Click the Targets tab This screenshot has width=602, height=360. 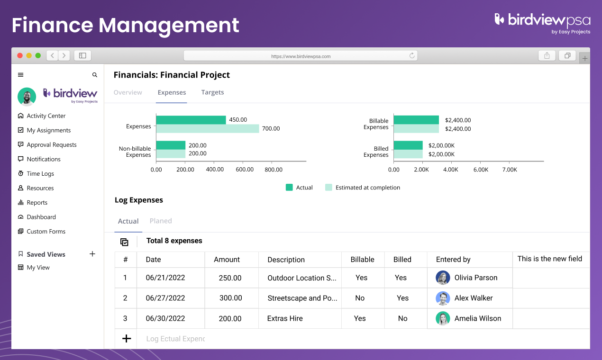click(x=212, y=92)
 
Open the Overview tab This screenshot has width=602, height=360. click(x=128, y=92)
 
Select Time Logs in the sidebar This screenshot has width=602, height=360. click(x=40, y=174)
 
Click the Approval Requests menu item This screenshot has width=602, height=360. click(x=51, y=145)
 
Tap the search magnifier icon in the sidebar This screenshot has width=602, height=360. click(x=95, y=75)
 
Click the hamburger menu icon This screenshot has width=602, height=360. click(x=20, y=75)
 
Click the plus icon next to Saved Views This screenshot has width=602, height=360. click(x=92, y=254)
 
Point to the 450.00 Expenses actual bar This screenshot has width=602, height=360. click(x=191, y=120)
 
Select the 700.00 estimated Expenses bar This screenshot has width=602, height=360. click(x=207, y=128)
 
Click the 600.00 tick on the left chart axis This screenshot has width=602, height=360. click(x=244, y=170)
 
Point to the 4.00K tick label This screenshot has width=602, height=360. click(x=450, y=170)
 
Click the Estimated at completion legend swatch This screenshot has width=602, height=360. click(x=328, y=188)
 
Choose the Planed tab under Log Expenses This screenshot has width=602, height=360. click(x=161, y=221)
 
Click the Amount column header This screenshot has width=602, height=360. click(x=227, y=260)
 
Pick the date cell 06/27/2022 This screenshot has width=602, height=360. click(x=165, y=298)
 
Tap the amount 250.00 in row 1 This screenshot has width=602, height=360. click(x=230, y=278)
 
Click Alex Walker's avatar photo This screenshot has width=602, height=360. click(x=443, y=298)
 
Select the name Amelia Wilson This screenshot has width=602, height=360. click(x=477, y=318)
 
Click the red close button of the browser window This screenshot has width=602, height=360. click(x=20, y=55)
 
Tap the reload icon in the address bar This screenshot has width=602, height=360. click(x=412, y=55)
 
